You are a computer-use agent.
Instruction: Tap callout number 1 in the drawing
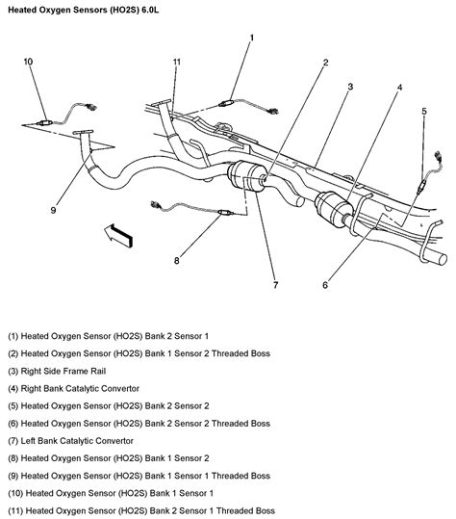click(252, 39)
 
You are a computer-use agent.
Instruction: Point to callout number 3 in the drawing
click(350, 88)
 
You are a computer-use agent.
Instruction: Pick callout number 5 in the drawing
click(423, 113)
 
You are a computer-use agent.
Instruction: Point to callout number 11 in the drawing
click(176, 64)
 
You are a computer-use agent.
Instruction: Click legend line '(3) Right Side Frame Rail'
click(64, 370)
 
